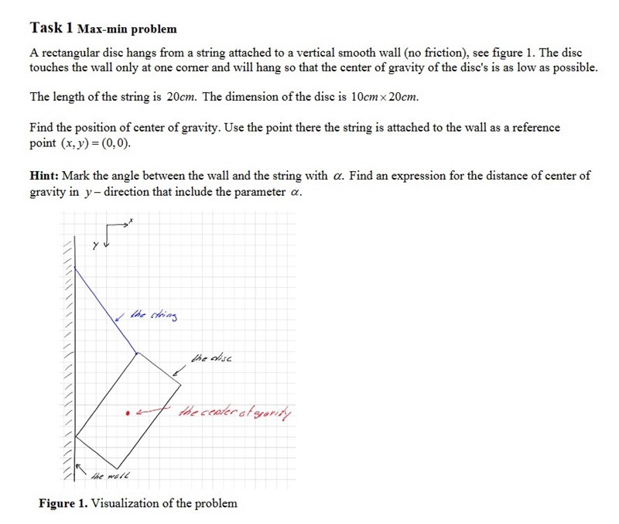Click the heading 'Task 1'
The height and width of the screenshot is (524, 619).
[51, 28]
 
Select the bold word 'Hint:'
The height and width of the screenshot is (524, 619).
[46, 176]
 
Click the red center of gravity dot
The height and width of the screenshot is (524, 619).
[127, 413]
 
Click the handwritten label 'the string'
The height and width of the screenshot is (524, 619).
[155, 315]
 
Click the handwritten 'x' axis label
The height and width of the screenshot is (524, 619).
[132, 221]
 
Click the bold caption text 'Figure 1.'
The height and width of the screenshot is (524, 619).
[63, 504]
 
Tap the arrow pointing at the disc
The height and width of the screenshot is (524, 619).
[178, 373]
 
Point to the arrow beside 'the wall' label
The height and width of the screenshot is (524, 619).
[78, 467]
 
